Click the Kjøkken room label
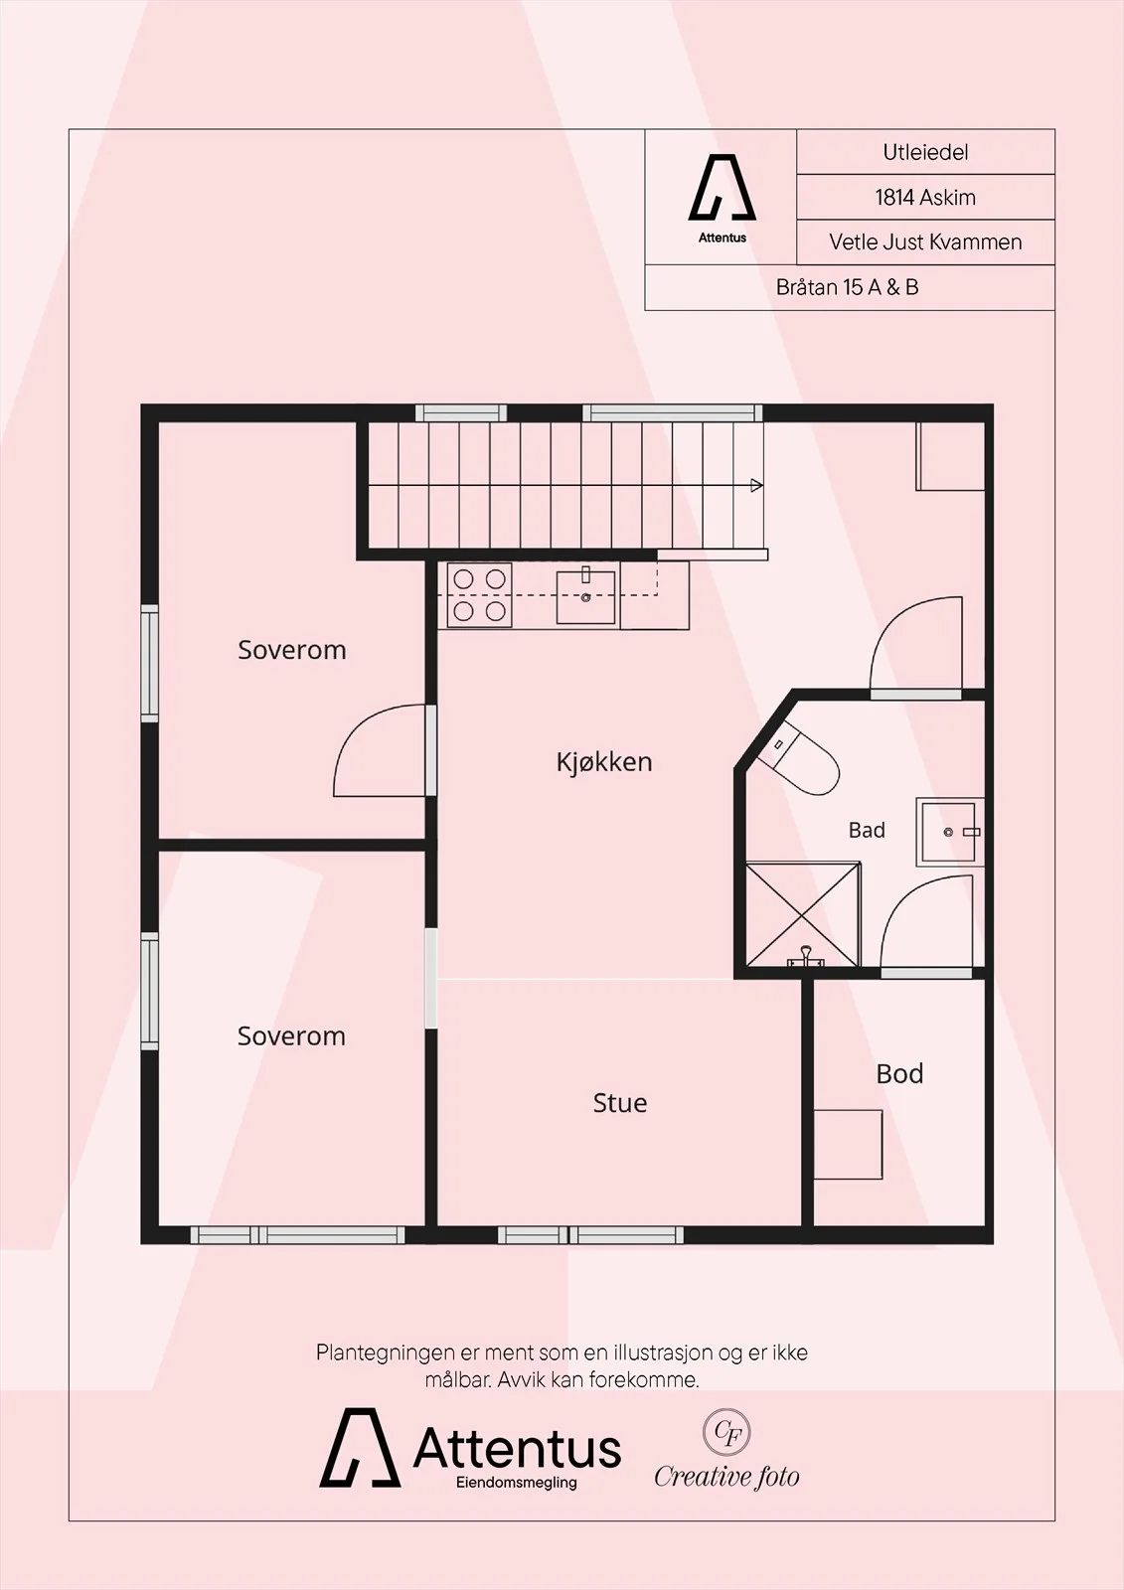[x=604, y=762]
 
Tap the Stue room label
[x=620, y=1103]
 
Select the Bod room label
[x=899, y=1074]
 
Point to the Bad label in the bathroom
[x=867, y=830]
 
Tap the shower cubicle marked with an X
[x=803, y=915]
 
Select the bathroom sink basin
[x=949, y=832]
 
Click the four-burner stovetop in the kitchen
[x=479, y=595]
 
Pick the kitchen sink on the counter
[x=585, y=597]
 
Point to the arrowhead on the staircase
[x=757, y=486]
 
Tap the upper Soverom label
[x=292, y=650]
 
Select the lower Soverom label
[x=291, y=1036]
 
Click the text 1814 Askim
[x=925, y=198]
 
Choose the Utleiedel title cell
[x=925, y=152]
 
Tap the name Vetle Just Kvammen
[x=925, y=242]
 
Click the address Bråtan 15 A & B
[x=847, y=287]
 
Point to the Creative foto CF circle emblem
[x=726, y=1432]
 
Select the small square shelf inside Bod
[x=848, y=1145]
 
